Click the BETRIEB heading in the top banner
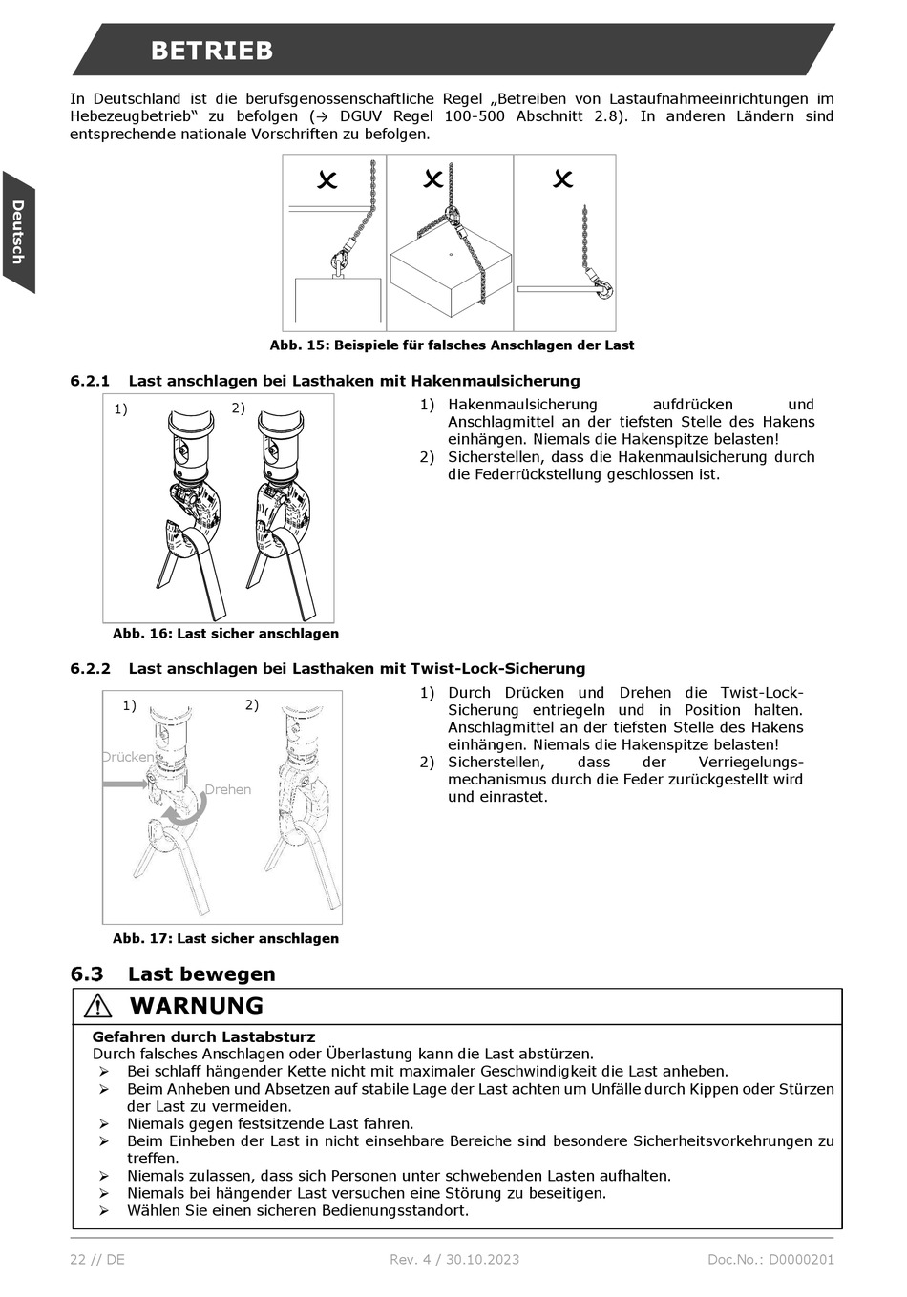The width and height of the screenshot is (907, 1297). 211,51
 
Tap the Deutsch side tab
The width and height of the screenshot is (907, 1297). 17,232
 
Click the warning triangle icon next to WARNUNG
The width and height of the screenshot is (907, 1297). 97,1006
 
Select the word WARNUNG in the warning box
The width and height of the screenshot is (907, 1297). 196,1006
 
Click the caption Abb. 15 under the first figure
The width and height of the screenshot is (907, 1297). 452,345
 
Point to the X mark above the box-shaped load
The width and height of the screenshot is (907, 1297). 433,178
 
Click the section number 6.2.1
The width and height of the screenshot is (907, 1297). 90,381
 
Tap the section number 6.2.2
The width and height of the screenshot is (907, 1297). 90,669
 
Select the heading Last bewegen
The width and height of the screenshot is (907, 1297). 201,974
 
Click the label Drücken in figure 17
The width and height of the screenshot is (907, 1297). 129,757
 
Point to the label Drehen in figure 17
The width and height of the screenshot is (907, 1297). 228,789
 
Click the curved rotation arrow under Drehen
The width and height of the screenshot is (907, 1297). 183,811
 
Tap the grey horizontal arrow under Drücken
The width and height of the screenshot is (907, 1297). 125,784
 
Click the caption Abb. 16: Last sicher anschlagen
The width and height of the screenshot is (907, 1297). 225,634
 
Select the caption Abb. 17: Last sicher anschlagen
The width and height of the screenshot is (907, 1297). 225,939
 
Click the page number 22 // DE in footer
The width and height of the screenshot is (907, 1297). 97,1259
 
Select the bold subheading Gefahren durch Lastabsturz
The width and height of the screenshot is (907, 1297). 203,1036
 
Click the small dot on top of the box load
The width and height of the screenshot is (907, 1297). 449,254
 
